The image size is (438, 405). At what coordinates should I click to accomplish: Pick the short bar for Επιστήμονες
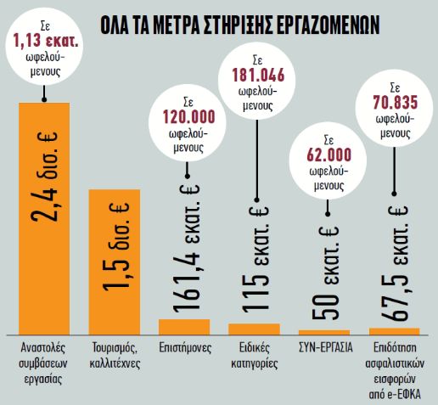(x=184, y=326)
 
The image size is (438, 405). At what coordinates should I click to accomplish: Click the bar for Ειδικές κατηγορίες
(x=255, y=328)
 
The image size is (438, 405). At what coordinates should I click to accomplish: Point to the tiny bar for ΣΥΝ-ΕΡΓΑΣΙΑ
(x=324, y=331)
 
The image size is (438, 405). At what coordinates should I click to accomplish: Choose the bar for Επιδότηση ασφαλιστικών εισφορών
(x=395, y=330)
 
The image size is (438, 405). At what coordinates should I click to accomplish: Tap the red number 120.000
(x=183, y=117)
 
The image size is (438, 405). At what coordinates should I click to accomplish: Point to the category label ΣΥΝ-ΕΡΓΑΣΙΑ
(x=324, y=348)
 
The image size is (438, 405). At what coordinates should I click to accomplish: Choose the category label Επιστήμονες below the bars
(x=184, y=348)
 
